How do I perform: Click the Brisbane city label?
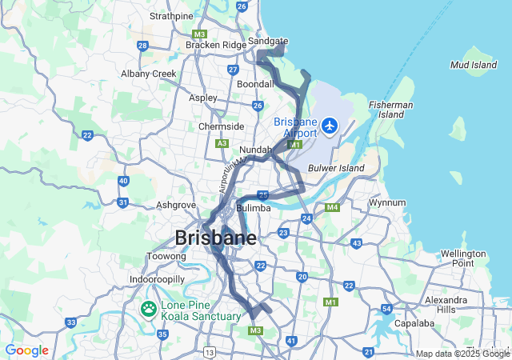click(x=215, y=238)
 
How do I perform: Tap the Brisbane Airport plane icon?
click(x=330, y=125)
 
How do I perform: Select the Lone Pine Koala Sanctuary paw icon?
click(x=149, y=309)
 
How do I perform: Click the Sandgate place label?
click(x=268, y=40)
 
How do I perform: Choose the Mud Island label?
click(x=474, y=65)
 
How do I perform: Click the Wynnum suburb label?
click(x=387, y=203)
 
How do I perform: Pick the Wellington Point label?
click(x=462, y=258)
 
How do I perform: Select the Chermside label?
click(x=221, y=126)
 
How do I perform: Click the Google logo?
click(x=27, y=350)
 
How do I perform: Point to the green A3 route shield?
click(x=222, y=143)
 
